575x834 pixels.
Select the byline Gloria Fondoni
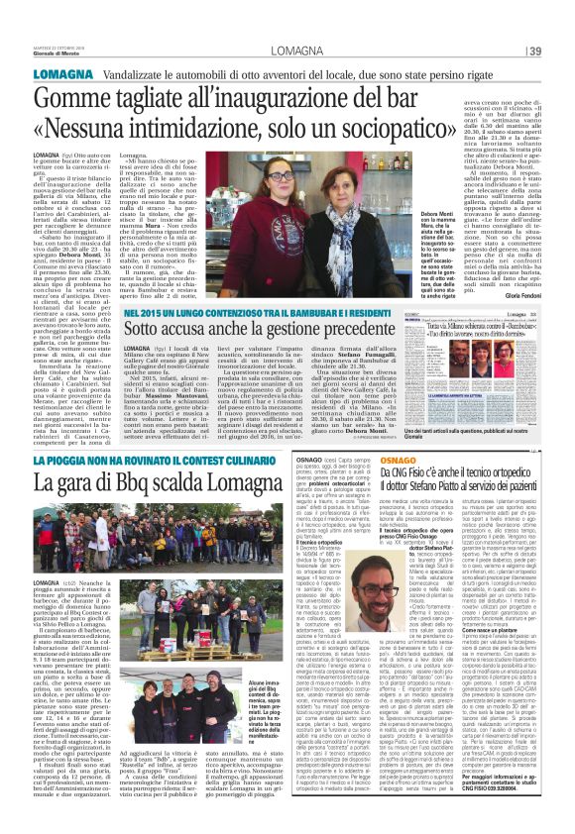click(543, 293)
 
